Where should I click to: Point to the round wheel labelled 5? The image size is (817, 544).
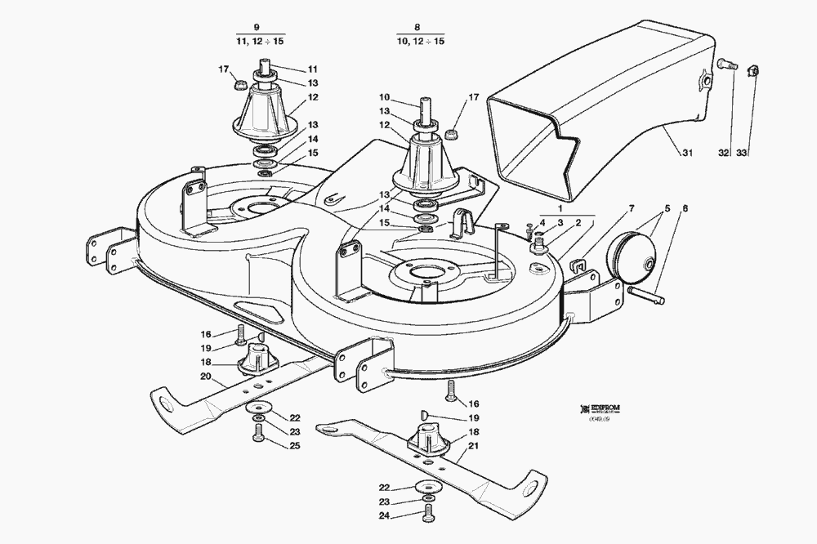(634, 255)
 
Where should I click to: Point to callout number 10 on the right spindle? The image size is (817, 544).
(383, 97)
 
